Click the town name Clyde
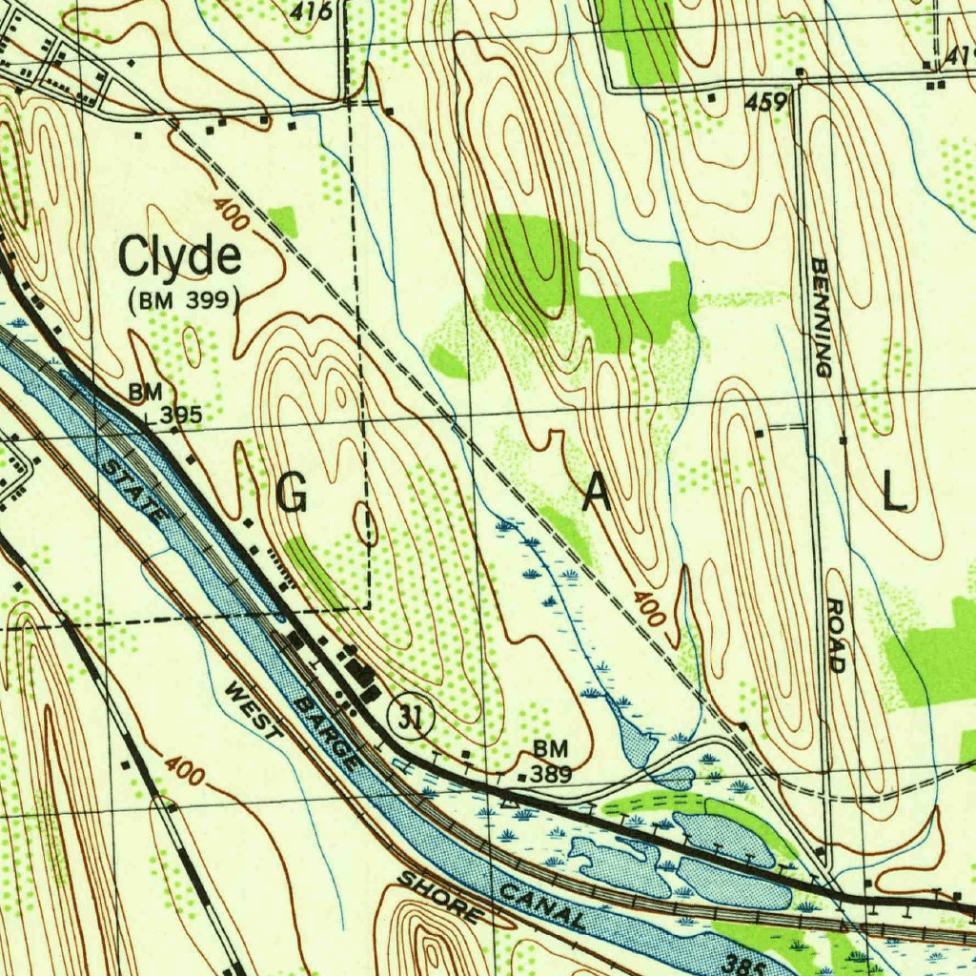179,259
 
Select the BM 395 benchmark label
169,405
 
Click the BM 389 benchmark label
551,762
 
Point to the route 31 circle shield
411,717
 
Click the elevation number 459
767,102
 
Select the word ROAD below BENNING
836,636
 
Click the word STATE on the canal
133,490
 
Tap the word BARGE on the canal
327,732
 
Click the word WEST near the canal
254,712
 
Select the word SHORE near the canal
439,896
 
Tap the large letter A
597,493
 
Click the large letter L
893,493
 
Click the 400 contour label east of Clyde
232,215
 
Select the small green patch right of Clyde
283,221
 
